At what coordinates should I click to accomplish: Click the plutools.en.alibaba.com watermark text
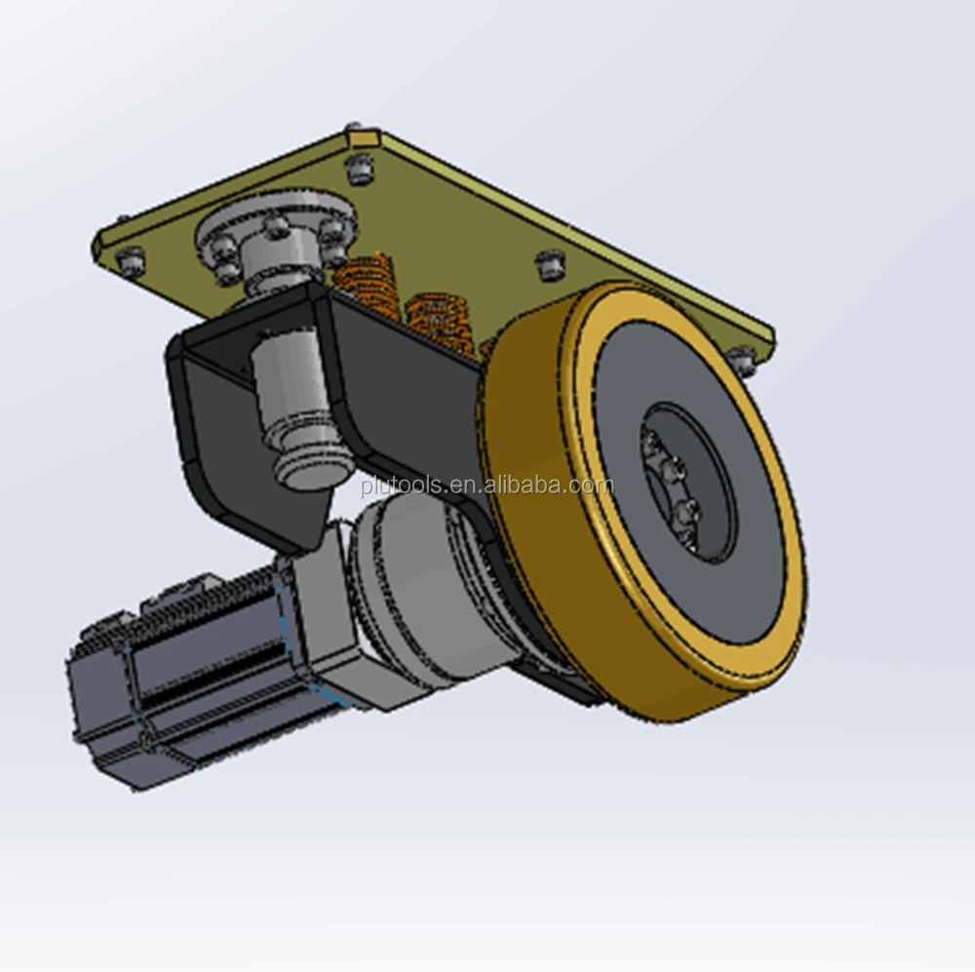pyautogui.click(x=487, y=486)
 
